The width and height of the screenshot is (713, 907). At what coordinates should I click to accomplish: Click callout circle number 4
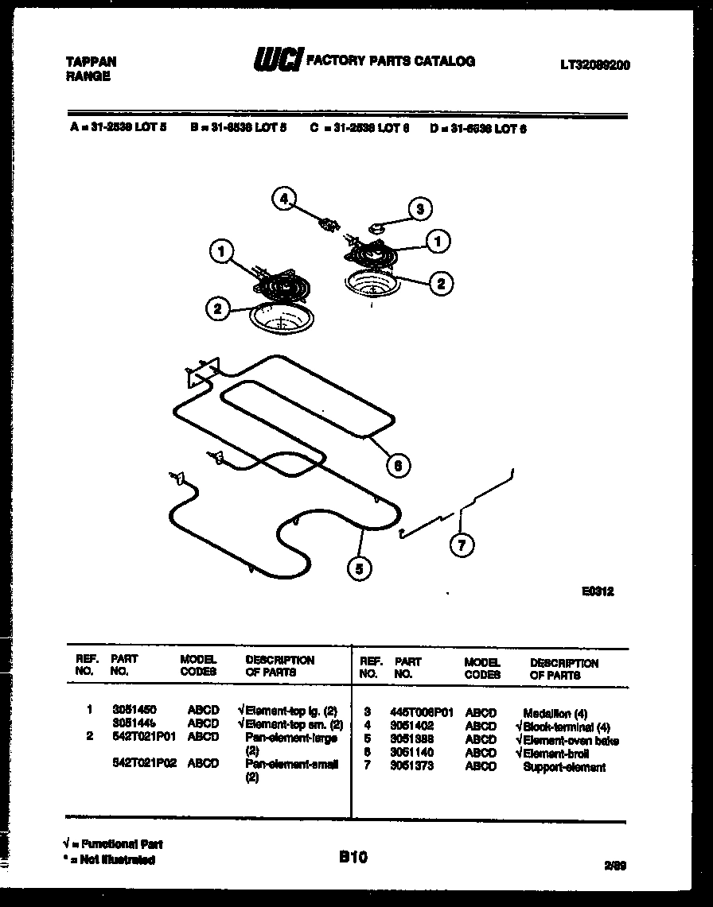[x=283, y=199]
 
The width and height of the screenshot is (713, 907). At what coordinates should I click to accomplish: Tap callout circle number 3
[x=421, y=209]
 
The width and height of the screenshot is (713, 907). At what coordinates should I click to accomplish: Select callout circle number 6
[x=398, y=466]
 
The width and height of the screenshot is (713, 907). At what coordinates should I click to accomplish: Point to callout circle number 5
[x=359, y=568]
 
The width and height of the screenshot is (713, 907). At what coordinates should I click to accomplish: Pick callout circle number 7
[x=462, y=545]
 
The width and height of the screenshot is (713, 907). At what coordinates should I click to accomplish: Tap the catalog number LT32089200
[x=595, y=65]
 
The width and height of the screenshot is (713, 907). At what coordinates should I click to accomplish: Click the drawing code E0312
[x=597, y=591]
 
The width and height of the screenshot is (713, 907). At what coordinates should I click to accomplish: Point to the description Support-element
[x=563, y=767]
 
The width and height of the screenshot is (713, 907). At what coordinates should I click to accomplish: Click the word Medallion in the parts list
[x=547, y=713]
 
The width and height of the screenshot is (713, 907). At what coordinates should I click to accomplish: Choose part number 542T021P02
[x=143, y=764]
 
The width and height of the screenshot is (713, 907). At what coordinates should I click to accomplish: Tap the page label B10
[x=353, y=856]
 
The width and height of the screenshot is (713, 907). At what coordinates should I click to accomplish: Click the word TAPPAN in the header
[x=90, y=62]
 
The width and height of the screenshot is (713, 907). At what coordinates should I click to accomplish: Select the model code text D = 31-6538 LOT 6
[x=479, y=128]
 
